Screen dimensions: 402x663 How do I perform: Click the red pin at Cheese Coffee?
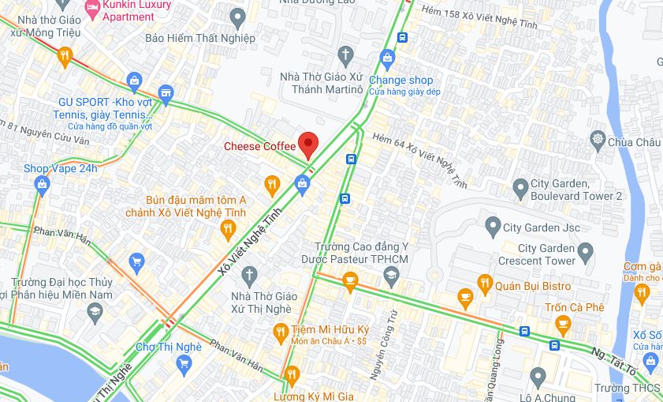pos(307,144)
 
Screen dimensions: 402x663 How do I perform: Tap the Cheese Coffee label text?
pos(259,146)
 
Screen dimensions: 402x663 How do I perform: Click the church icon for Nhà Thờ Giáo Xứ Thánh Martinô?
pos(345,55)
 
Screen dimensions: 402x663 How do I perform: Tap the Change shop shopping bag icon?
pos(386,57)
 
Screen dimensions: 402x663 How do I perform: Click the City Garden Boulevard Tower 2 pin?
pos(520,189)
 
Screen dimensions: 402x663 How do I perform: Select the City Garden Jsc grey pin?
pos(491,227)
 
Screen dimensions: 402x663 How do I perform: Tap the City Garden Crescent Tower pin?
pos(585,253)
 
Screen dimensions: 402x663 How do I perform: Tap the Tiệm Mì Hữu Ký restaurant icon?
pos(279,332)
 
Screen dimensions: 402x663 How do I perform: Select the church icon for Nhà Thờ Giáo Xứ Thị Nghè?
pos(249,276)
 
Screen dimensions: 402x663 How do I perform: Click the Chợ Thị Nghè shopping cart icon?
pos(184,363)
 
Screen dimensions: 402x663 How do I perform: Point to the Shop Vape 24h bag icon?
pos(42,185)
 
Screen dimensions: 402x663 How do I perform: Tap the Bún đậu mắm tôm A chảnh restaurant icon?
pos(228,229)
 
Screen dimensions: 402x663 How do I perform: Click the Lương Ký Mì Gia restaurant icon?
pos(291,377)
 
